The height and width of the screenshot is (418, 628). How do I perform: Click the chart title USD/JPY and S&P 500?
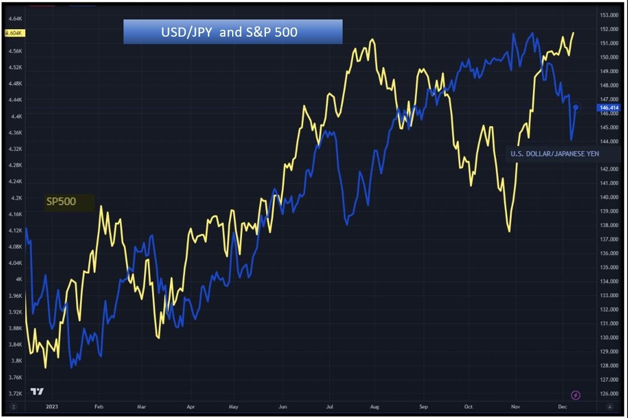(232, 32)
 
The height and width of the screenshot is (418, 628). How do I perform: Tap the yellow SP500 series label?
(61, 202)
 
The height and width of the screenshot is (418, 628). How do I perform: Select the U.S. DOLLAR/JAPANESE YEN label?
(555, 153)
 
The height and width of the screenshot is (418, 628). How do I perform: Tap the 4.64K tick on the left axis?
(14, 18)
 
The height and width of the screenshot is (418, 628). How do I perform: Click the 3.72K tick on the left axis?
(14, 393)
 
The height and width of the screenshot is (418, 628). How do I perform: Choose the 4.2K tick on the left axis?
(15, 198)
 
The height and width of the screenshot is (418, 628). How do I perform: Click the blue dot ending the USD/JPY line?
(576, 107)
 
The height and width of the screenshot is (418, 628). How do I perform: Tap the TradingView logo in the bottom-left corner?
(37, 392)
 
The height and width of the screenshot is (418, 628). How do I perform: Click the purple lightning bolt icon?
(576, 395)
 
